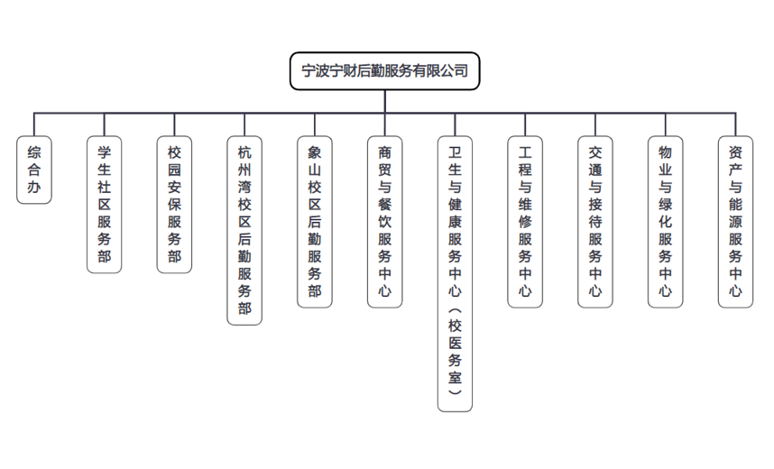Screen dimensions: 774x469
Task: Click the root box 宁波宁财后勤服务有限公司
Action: (384, 71)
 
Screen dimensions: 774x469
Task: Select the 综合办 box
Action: (34, 170)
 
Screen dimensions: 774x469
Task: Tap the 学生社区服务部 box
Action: (104, 205)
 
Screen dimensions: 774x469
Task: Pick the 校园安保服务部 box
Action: (174, 205)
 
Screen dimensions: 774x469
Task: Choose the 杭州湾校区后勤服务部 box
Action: (244, 231)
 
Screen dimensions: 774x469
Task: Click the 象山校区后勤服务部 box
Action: (315, 222)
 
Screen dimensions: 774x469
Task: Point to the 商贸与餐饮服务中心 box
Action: (384, 222)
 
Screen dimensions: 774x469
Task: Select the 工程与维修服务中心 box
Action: (525, 222)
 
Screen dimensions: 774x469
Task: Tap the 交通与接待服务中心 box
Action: (594, 222)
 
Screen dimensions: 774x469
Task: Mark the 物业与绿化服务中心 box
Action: (665, 222)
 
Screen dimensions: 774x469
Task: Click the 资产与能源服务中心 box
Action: (735, 222)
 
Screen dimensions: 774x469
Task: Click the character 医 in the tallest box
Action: (455, 343)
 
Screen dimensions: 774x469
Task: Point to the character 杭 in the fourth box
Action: (244, 152)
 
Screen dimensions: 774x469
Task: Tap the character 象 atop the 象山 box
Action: (315, 152)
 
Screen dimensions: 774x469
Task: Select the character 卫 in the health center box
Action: (455, 152)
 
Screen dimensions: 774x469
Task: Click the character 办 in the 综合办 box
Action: (34, 187)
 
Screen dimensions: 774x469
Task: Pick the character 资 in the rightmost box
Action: (735, 152)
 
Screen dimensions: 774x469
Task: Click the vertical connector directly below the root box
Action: (384, 102)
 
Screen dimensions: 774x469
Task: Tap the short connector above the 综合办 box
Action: (34, 124)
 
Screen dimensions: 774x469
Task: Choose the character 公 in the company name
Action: (447, 71)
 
